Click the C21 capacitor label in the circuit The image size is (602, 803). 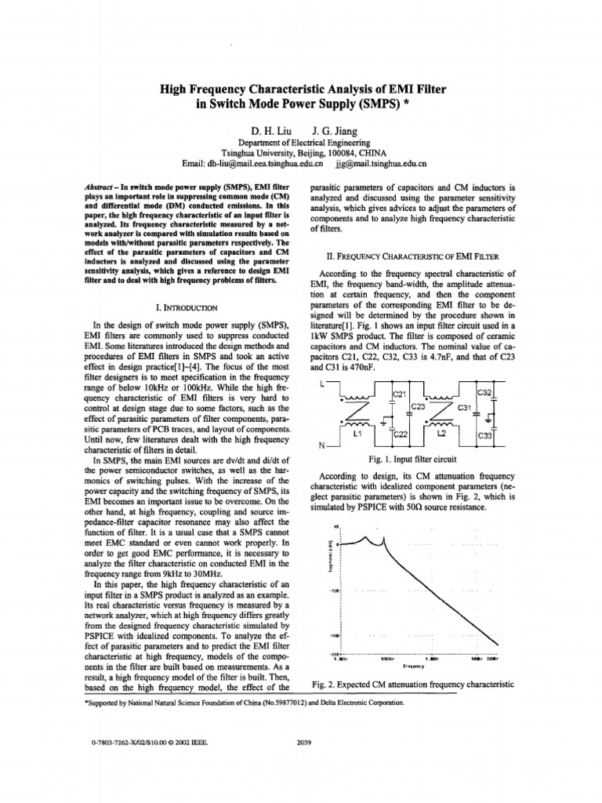399,394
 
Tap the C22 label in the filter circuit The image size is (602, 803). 400,434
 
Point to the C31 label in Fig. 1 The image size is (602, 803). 462,407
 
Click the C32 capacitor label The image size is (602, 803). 485,392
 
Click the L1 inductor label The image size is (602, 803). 358,433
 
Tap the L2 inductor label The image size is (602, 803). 440,433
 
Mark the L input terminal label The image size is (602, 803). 322,383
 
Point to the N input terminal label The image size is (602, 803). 321,445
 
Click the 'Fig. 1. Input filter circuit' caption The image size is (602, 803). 412,458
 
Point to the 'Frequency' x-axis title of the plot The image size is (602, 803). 414,666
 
